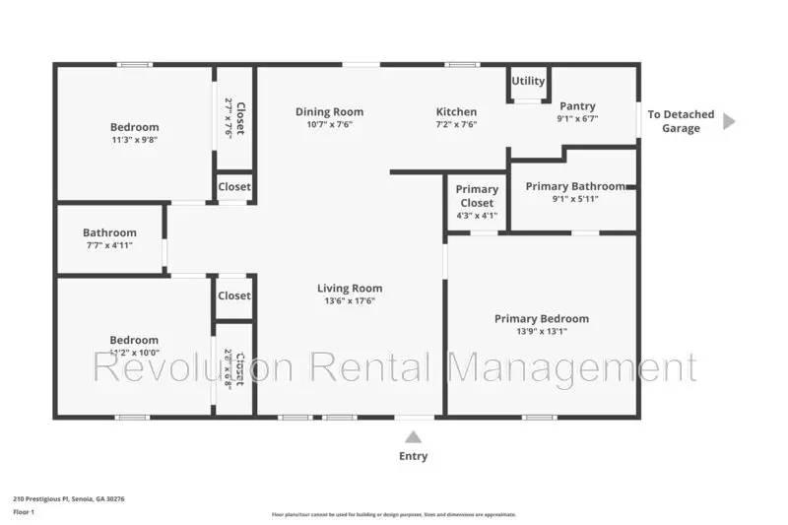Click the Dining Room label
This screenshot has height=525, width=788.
329,112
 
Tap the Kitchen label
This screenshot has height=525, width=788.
456,112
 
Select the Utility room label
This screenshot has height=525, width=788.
528,82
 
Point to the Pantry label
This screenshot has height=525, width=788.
577,106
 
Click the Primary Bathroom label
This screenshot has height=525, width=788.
575,186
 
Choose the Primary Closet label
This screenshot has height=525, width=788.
478,196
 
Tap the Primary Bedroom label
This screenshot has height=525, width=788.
542,318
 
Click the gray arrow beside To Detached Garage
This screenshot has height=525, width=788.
729,121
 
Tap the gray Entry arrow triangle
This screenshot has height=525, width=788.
414,436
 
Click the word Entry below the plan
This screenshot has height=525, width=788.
414,456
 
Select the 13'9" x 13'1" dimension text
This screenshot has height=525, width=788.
542,331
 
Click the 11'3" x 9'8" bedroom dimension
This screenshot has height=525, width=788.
134,140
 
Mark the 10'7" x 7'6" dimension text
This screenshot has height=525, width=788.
329,125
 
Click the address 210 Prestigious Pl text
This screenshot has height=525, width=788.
69,498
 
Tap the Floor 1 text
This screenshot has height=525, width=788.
24,512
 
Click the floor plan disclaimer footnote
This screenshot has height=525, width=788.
394,514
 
